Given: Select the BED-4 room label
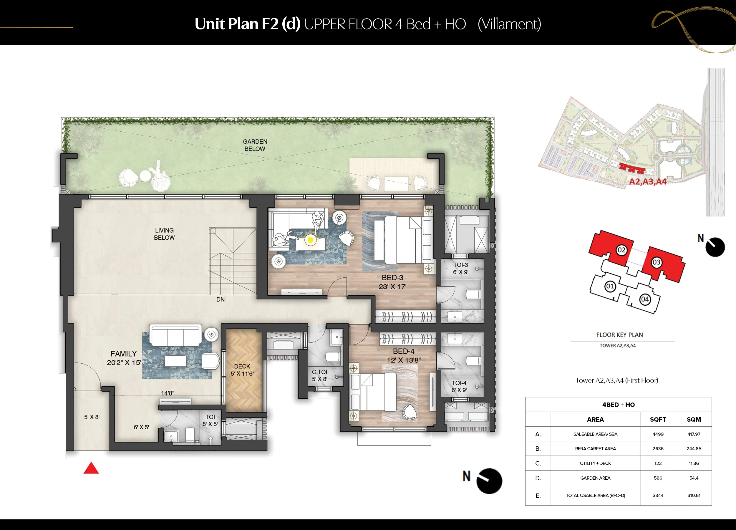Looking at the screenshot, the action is point(403,351).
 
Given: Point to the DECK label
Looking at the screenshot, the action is point(242,366).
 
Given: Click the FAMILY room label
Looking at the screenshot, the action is point(124,354).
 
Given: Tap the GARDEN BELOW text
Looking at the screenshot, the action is point(255,145).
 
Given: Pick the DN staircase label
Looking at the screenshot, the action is point(220,299).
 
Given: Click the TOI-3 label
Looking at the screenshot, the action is point(460,265).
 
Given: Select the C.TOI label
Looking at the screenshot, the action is point(320,372).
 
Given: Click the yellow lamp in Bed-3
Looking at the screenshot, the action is point(311,240).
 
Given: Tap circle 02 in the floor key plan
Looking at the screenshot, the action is point(621,250).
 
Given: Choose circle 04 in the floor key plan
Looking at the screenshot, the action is point(644,299).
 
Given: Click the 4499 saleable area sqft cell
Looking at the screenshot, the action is point(658,434).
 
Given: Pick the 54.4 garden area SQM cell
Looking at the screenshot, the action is point(694,478).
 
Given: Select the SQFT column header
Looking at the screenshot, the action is point(658,419).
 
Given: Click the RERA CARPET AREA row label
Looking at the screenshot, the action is point(595,448).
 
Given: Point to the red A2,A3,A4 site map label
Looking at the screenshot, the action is point(648,181).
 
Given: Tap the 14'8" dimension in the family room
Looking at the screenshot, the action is point(168,393).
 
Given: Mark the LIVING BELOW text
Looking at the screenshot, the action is point(164,234).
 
